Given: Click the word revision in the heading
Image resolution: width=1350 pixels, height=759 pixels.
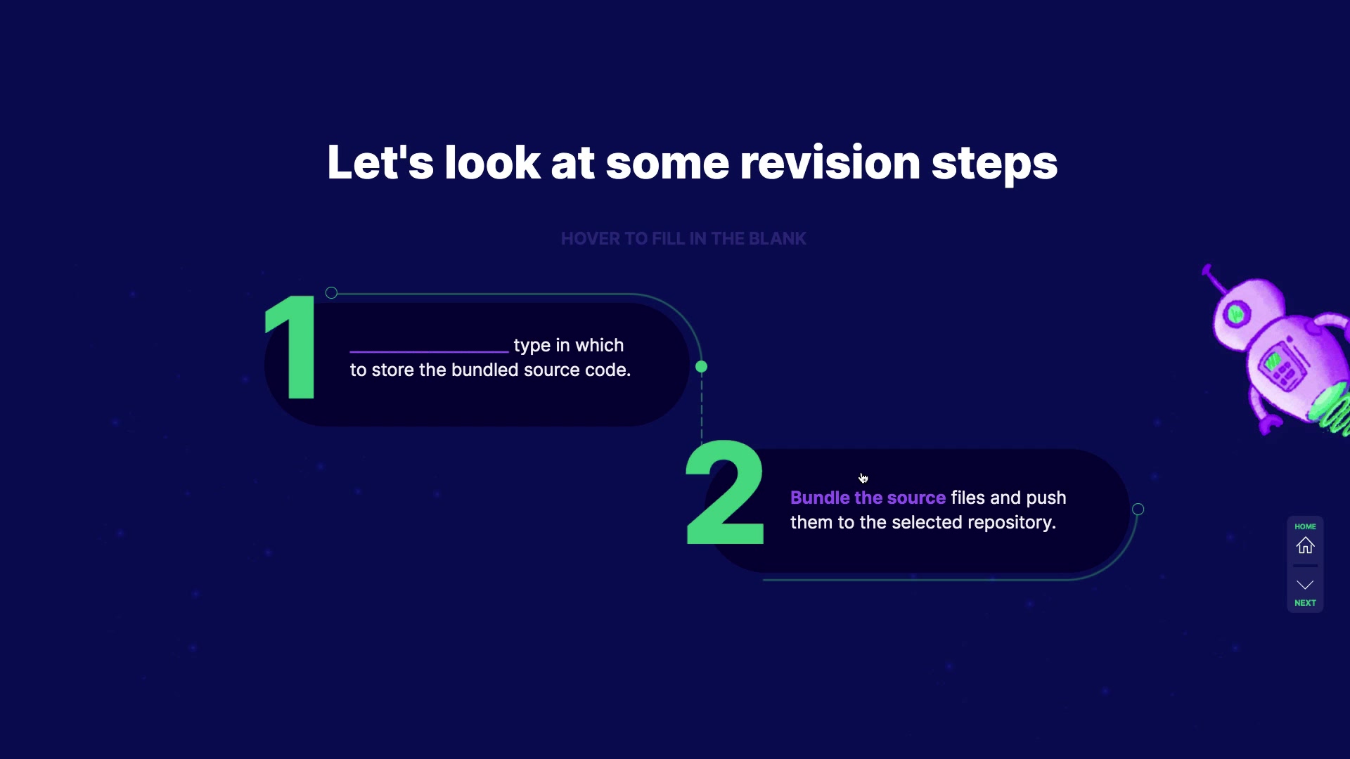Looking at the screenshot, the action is click(830, 162).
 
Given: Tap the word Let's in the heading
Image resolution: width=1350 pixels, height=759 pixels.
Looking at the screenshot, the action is click(380, 162).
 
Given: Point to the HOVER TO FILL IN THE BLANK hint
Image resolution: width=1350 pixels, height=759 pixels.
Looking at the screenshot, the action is click(683, 239).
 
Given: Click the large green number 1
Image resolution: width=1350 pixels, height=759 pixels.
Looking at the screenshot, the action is click(291, 346).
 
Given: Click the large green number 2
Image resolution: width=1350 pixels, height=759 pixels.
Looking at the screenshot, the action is click(725, 492).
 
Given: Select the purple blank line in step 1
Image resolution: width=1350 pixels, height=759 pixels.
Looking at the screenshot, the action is click(429, 351).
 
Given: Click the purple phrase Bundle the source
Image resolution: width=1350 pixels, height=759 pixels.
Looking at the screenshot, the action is click(868, 498).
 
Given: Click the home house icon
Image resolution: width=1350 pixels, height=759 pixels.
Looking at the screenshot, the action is click(1306, 545).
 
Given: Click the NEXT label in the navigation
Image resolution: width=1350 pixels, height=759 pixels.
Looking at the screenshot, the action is click(1306, 603).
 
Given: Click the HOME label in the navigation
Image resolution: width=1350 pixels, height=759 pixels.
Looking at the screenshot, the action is click(1306, 526).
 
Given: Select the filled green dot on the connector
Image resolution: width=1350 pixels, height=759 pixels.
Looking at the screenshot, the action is click(701, 367).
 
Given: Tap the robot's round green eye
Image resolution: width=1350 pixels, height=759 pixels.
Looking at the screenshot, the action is click(1236, 313).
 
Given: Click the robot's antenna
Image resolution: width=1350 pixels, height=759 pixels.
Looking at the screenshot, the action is click(1214, 278).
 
